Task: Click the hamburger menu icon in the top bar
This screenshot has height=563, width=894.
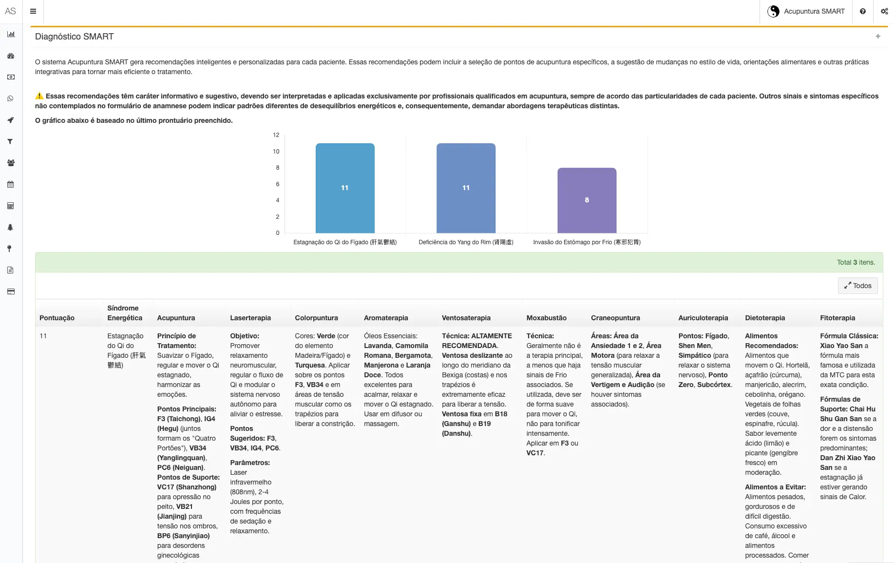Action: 33,11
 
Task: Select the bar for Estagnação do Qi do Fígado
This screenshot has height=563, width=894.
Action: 345,188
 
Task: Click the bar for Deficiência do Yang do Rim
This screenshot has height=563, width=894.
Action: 466,188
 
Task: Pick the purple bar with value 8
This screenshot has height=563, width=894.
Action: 587,200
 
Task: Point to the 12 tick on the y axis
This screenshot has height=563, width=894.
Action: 276,135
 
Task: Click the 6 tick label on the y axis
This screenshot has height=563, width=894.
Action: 278,184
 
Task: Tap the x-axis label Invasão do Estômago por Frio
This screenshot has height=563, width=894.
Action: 587,242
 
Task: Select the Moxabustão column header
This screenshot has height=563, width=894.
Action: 546,318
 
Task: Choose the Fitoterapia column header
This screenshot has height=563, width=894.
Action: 837,318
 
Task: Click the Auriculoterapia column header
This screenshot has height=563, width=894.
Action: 703,318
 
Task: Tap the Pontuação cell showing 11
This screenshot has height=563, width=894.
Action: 43,336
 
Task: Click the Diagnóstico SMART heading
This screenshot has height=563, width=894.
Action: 75,37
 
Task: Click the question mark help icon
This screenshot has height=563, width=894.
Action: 863,11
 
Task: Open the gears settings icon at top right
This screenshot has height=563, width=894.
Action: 884,11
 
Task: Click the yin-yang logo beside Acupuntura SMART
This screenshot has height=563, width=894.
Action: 773,11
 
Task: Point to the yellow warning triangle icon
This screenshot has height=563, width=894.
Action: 39,96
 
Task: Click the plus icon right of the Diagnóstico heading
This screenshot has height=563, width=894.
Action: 878,37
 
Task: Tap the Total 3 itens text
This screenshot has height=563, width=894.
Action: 856,262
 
